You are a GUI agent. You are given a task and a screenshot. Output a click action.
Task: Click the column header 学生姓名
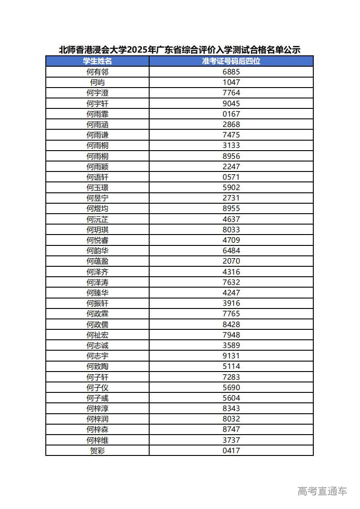(x=97, y=61)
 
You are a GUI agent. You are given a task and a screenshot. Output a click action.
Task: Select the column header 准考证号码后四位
(x=231, y=61)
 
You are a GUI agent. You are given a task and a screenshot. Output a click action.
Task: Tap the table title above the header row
(x=180, y=50)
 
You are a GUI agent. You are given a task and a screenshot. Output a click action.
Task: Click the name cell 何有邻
(x=97, y=72)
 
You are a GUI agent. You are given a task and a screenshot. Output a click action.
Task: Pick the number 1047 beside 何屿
(x=231, y=82)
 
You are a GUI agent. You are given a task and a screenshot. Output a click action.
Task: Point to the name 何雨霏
(x=97, y=114)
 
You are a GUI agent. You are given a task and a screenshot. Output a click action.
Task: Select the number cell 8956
(x=231, y=156)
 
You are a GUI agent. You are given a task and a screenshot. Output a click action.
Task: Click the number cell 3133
(x=231, y=145)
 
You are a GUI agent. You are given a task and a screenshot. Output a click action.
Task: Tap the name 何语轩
(x=97, y=177)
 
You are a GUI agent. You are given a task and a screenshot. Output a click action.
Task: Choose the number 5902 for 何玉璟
(x=231, y=187)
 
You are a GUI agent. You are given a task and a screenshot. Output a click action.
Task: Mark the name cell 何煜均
(x=97, y=209)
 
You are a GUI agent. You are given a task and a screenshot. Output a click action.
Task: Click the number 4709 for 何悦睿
(x=231, y=240)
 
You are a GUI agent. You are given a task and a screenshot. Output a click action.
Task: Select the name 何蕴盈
(x=97, y=261)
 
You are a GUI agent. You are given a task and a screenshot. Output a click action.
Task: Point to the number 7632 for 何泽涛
(x=231, y=282)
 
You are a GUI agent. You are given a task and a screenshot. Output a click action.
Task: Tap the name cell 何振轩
(x=97, y=303)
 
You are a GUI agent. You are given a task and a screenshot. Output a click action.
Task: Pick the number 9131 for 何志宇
(x=231, y=356)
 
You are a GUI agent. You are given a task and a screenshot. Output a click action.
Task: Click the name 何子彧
(x=97, y=398)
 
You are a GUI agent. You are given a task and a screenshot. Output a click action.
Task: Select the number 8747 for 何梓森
(x=231, y=429)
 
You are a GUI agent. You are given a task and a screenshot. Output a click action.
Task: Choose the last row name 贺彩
(x=97, y=450)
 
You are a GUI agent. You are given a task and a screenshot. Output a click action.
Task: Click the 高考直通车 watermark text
(x=322, y=491)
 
